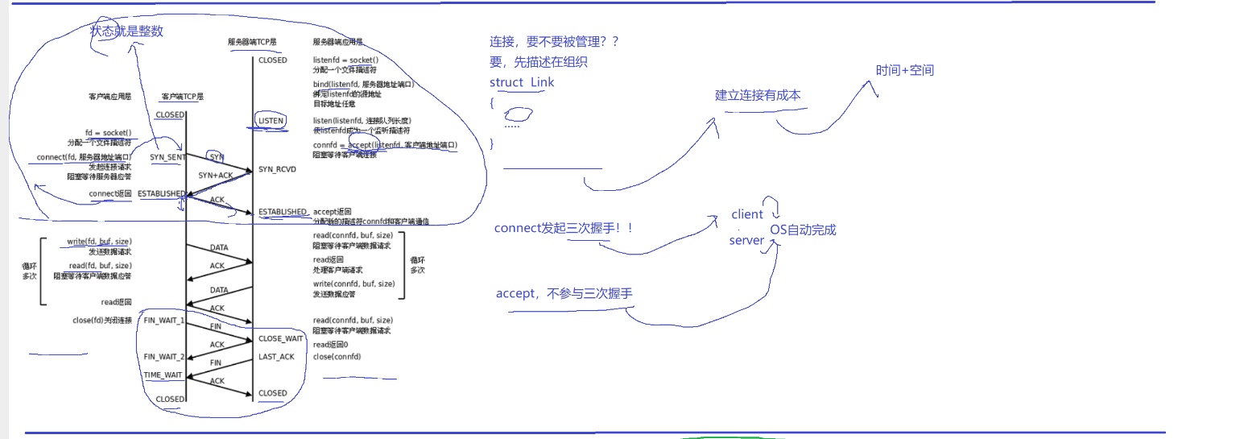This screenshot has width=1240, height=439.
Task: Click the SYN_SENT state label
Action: [167, 157]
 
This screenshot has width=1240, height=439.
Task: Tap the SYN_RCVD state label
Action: [277, 169]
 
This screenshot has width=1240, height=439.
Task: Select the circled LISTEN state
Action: [271, 121]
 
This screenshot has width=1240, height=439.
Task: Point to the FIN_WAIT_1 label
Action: [163, 320]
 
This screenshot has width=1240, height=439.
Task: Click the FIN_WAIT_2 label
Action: [163, 356]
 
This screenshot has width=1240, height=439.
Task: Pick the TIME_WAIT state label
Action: [163, 375]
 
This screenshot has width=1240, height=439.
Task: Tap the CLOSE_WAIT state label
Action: [280, 338]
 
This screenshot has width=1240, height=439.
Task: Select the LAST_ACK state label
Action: [276, 357]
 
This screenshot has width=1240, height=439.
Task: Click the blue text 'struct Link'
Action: [522, 82]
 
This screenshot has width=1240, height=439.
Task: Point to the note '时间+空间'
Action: [905, 70]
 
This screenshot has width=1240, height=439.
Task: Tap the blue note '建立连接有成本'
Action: [758, 95]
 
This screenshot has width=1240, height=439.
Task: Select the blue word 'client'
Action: [747, 214]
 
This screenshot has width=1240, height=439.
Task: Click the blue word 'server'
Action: [746, 240]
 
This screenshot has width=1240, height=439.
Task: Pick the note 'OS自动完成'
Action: [803, 230]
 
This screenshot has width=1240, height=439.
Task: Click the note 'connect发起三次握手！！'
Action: [564, 228]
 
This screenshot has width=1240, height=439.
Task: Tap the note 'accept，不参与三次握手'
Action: [564, 294]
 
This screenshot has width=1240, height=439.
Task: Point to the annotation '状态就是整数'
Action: [127, 31]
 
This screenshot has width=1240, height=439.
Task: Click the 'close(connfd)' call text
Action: [337, 356]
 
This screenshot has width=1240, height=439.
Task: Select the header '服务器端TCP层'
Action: [252, 42]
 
